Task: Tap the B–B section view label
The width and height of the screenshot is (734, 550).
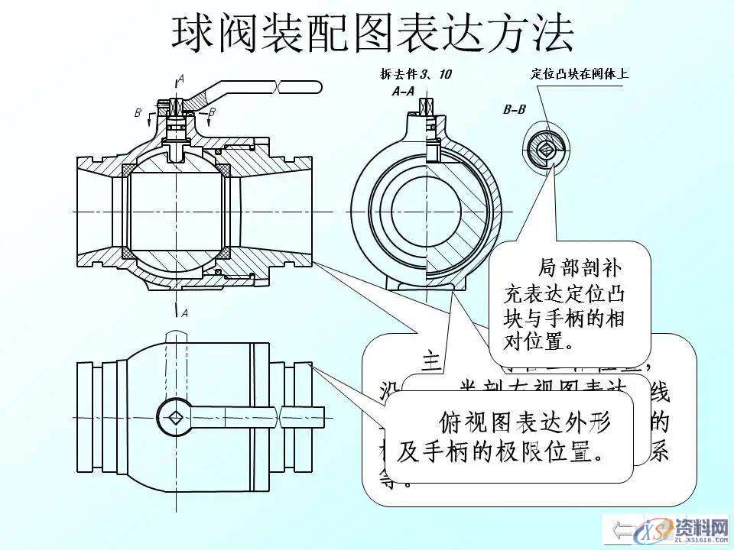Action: click(x=514, y=109)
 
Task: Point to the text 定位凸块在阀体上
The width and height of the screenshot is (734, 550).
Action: click(x=579, y=74)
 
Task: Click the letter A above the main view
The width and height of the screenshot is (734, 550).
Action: click(x=180, y=78)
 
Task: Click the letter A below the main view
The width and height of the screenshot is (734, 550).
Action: click(x=183, y=312)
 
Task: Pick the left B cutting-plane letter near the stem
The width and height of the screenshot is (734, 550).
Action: click(x=138, y=112)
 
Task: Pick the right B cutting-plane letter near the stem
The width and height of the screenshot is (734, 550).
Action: click(x=212, y=112)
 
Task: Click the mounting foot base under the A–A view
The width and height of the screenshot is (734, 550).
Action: click(x=424, y=287)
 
